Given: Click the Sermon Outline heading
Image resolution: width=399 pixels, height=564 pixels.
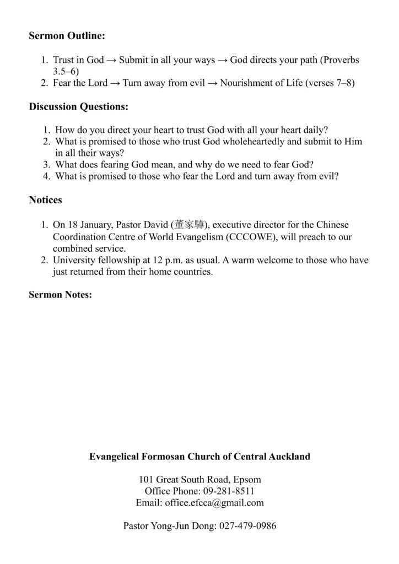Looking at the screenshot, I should pos(67,36).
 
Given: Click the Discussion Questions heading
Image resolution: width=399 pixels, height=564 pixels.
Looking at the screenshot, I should pos(78,106).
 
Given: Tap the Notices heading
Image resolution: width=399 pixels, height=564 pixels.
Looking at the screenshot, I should pos(45,200).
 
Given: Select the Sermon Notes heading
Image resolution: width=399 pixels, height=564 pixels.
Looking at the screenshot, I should pos(60,295).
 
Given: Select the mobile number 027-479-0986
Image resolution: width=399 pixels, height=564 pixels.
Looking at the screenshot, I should pos(247,526).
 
